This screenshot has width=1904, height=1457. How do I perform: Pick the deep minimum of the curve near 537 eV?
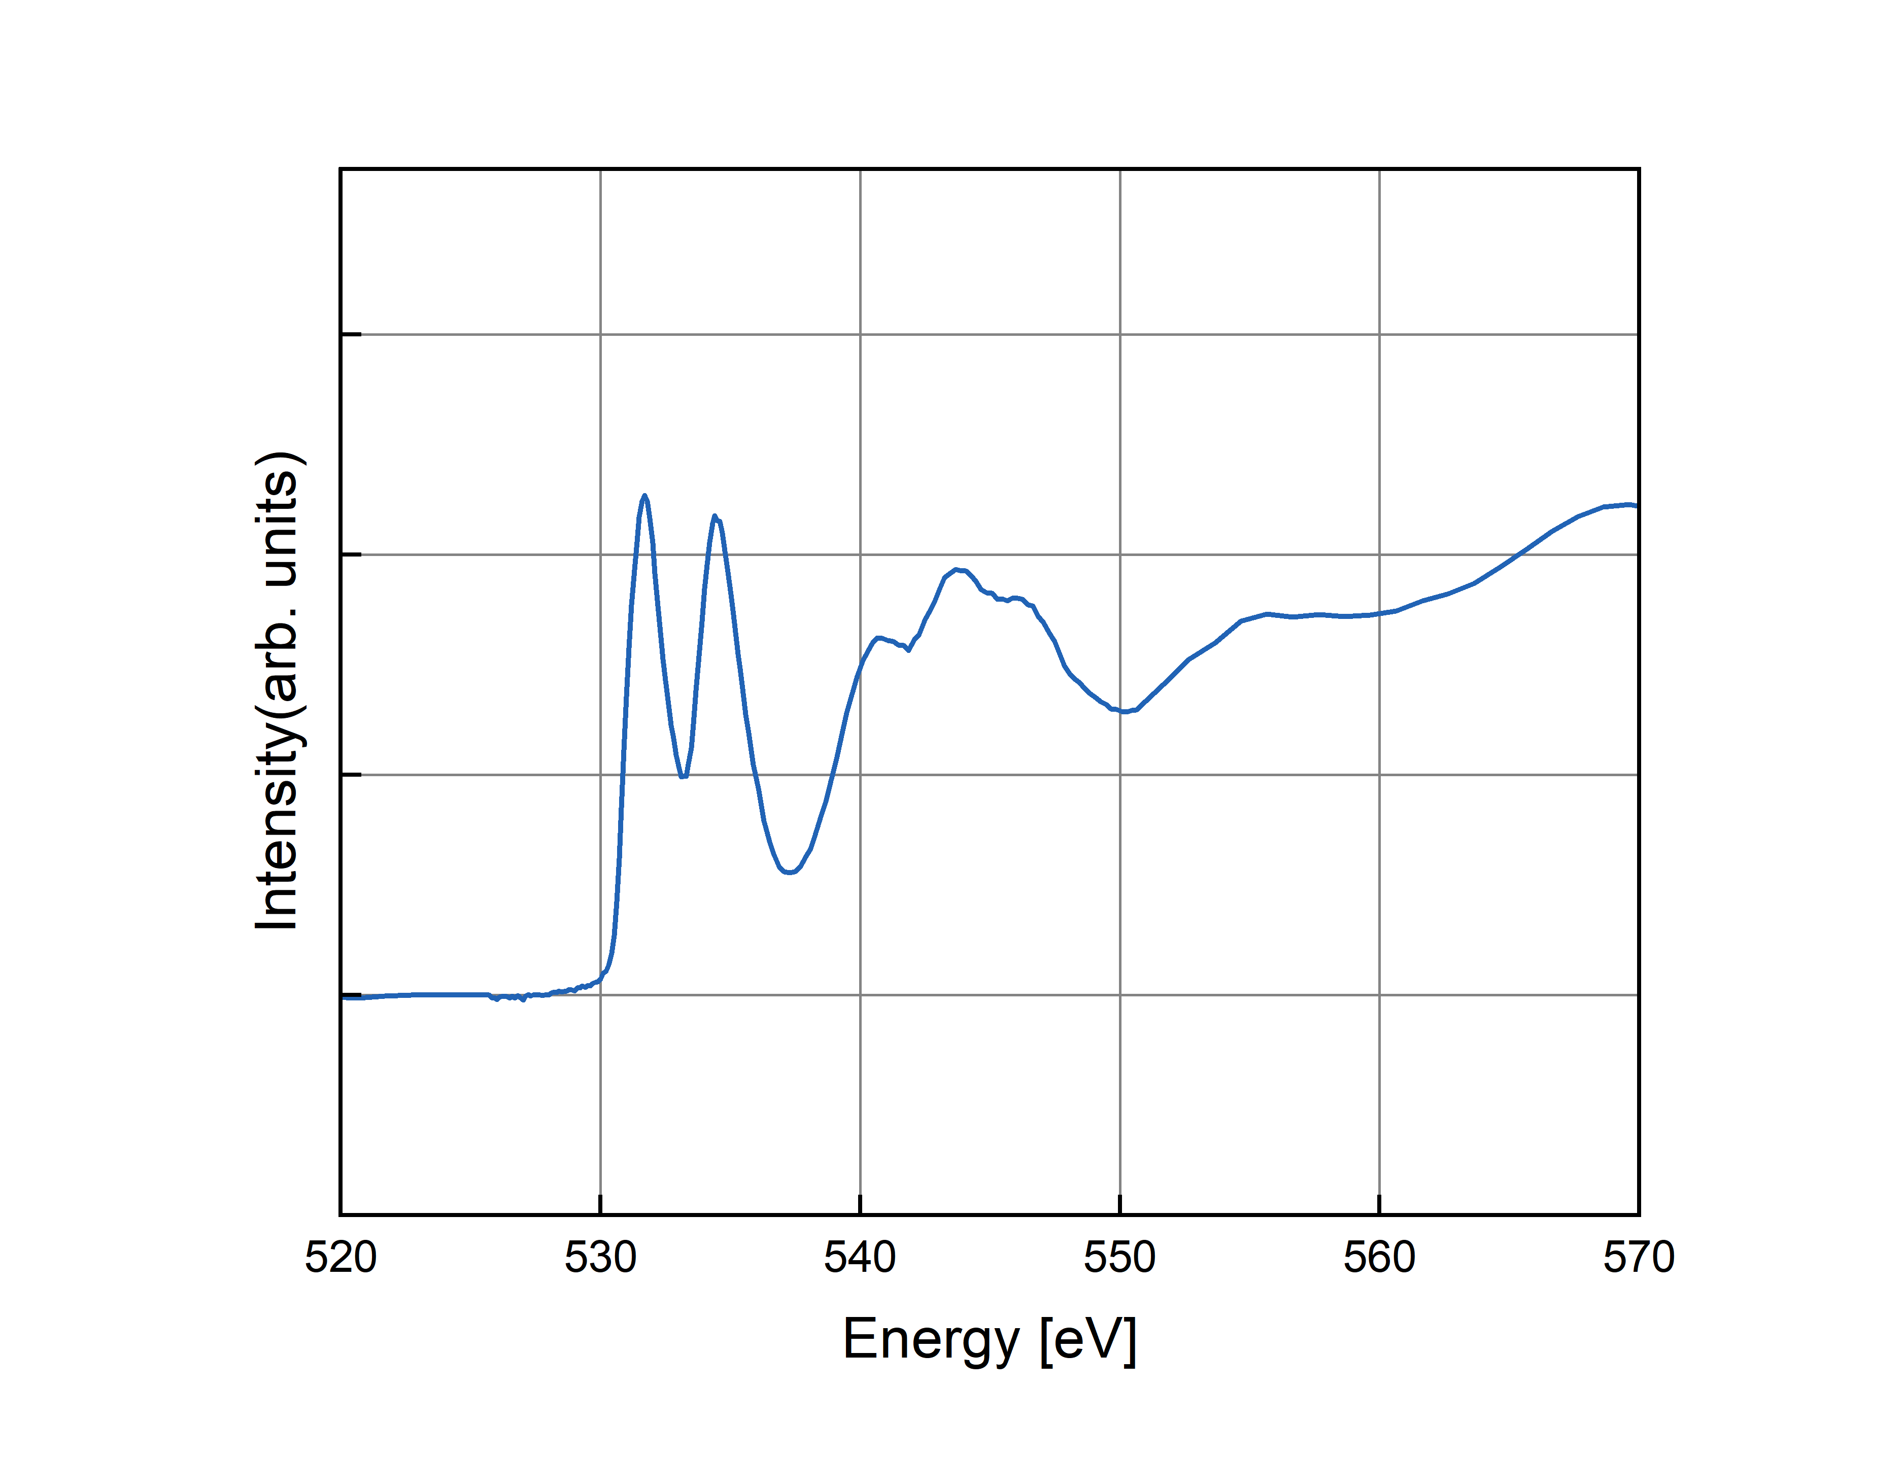[x=789, y=872]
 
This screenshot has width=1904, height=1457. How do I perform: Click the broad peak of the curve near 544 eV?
[x=956, y=570]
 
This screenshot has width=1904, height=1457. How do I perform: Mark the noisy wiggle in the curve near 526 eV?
[x=497, y=998]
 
